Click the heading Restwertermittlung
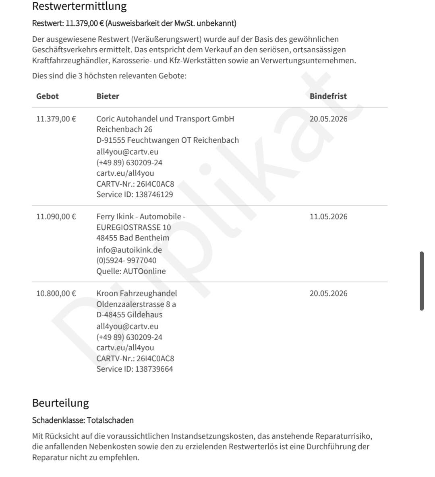coord(79,6)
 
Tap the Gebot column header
coord(48,96)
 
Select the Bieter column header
coord(108,96)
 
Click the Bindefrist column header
coord(328,96)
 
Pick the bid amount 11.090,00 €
coord(56,217)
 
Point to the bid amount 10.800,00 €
coord(56,294)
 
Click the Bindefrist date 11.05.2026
coord(328,217)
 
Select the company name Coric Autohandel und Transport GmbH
coord(165,119)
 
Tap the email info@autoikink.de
coord(129,250)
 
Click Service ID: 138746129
coord(135,195)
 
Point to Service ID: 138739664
coord(135,369)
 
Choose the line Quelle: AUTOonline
coord(131,271)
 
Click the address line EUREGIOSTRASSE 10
coord(133,228)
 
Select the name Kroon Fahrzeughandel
coord(137,294)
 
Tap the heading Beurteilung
coord(60,403)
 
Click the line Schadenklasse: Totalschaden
coord(83,421)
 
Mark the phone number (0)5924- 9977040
coord(126,261)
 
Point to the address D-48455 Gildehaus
coord(129,315)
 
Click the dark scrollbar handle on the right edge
coord(421,281)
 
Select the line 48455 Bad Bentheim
coord(133,238)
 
